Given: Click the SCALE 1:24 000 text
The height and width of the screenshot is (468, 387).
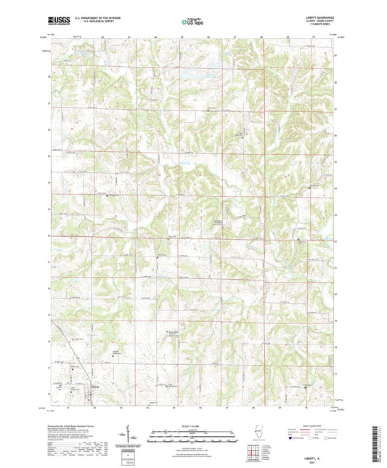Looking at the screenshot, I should [x=192, y=424].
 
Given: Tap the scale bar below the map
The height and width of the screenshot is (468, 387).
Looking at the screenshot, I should [x=192, y=430].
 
